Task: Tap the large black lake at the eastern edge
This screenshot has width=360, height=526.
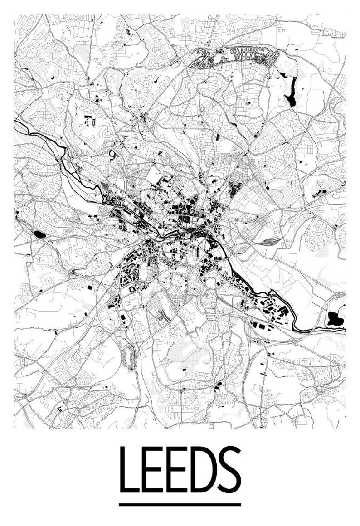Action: point(336,319)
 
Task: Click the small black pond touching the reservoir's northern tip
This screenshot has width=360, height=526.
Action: point(283,74)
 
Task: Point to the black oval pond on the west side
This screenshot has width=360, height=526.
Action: point(39,234)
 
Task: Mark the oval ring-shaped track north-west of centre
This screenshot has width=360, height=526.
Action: point(113,155)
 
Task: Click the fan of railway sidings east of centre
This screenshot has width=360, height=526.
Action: point(272,239)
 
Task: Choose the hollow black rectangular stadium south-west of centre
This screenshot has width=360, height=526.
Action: point(132,289)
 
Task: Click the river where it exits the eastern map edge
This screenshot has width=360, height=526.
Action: point(345,330)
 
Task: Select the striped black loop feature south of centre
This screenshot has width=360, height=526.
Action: point(162,316)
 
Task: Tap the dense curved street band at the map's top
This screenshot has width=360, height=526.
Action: point(236,57)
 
